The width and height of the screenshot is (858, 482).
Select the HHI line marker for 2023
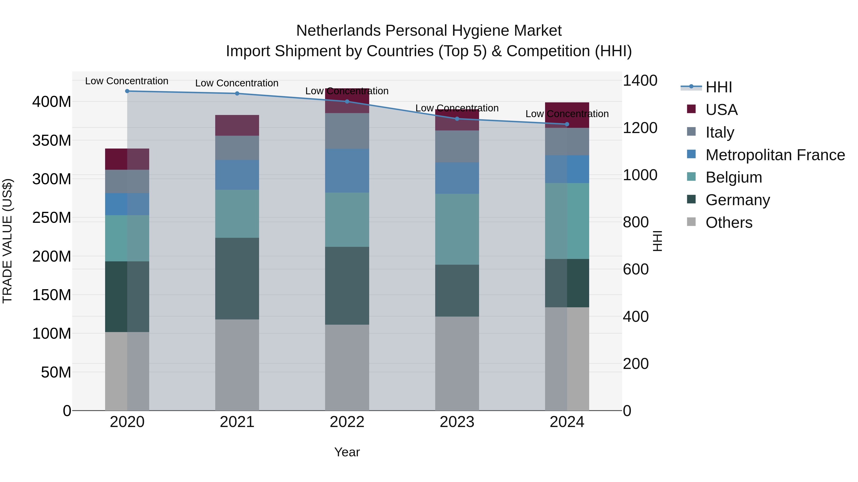click(457, 119)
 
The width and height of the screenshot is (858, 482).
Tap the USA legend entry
click(721, 110)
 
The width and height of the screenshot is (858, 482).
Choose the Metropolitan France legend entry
click(775, 155)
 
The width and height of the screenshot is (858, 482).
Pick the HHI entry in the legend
click(718, 87)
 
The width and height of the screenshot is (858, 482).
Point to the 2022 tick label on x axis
click(347, 422)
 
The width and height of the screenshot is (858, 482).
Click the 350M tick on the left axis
click(52, 140)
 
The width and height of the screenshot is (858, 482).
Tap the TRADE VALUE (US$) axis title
click(7, 241)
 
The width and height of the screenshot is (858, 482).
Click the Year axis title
click(347, 452)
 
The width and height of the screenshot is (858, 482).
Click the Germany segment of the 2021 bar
click(237, 278)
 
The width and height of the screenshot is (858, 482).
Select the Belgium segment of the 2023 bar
click(457, 229)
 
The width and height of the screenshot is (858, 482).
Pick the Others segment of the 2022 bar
click(347, 367)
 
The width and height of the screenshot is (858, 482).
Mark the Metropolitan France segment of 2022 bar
click(347, 170)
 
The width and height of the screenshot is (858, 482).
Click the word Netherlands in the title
click(338, 31)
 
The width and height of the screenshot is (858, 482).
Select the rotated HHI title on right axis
click(657, 241)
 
